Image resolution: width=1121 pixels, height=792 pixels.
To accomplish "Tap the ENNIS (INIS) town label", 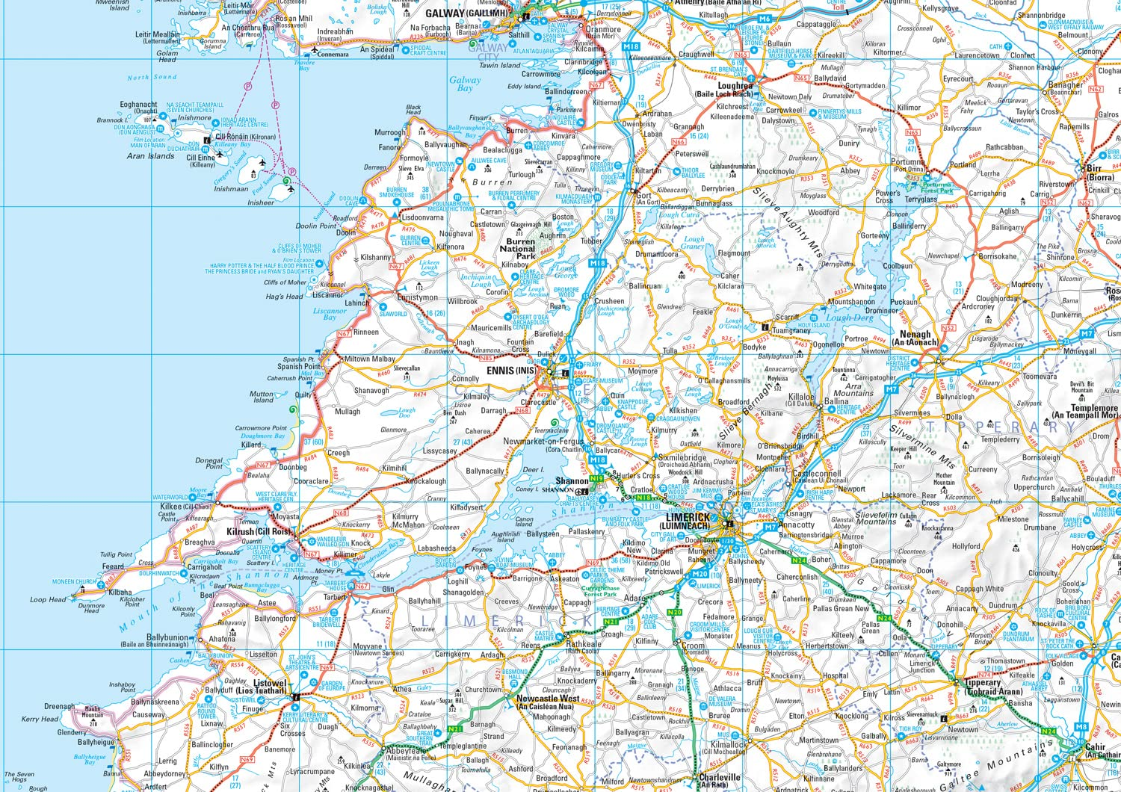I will pos(511,371).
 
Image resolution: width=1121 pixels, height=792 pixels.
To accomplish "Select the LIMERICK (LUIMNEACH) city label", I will pos(688,521).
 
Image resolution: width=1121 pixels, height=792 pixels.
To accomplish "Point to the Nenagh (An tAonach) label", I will pos(915,338).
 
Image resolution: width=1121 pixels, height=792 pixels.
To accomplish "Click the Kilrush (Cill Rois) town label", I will pos(258,532).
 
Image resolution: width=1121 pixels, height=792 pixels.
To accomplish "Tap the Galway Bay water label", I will pos(465,84).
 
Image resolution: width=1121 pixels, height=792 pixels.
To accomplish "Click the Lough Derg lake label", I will pos(850,318).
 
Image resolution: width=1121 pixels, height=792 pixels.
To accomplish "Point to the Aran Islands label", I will pos(150,156).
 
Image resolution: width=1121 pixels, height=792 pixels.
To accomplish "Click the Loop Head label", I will pos(48,599).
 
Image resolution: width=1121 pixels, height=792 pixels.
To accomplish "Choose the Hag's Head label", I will pos(285,297).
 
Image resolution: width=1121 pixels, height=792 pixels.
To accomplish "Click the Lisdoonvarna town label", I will pos(422,217).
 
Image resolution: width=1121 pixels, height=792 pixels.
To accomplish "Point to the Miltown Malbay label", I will pos(370,359).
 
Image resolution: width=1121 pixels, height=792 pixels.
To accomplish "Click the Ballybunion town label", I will pos(167,640).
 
